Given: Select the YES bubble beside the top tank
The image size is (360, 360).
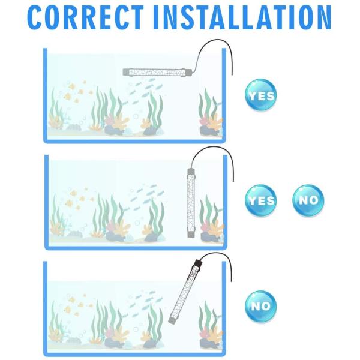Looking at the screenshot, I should [261, 95].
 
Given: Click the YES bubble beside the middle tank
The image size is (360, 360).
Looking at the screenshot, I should [261, 200].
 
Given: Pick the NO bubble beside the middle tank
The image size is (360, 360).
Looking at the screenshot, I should [308, 200].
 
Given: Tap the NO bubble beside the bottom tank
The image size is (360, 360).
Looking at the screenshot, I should [261, 305].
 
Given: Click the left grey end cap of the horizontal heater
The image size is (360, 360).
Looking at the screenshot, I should [127, 71].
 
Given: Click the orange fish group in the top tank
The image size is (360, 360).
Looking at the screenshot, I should [76, 90].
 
